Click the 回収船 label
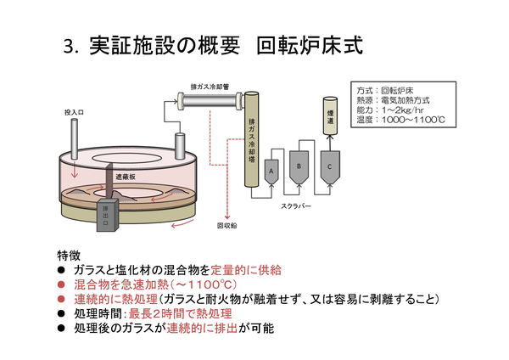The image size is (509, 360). (227, 227)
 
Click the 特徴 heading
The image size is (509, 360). (70, 255)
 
